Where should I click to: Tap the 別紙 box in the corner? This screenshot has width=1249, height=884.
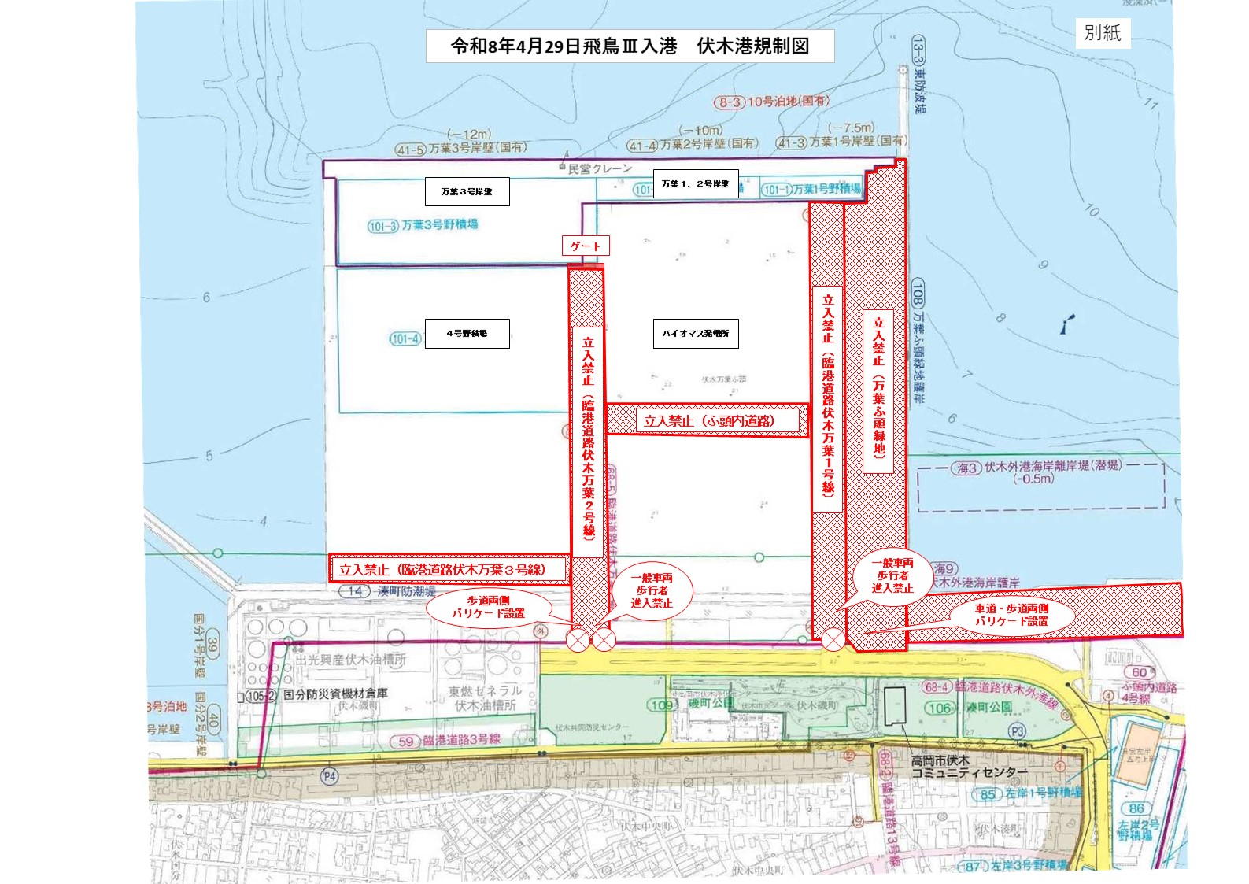point(1102,33)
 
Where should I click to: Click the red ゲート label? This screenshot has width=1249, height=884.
point(585,246)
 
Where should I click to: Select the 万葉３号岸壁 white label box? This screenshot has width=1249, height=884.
point(467,191)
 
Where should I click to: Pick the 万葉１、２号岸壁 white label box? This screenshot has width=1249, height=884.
point(695,184)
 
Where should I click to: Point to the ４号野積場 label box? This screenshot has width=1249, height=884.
point(467,334)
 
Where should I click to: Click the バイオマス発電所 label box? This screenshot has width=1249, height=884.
point(695,334)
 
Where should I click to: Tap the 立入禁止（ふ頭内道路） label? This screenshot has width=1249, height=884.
point(708,421)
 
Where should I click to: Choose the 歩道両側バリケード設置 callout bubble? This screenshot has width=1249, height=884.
point(488,607)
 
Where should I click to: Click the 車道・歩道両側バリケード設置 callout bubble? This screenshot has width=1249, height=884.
point(1011,615)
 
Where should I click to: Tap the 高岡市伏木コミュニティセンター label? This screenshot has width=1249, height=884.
point(969,767)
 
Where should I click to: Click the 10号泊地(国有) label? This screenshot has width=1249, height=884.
point(788,102)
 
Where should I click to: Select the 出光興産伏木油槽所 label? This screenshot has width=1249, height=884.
point(351,660)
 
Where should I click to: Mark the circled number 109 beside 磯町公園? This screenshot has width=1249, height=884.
point(660,705)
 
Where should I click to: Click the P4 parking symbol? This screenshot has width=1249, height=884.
point(330,776)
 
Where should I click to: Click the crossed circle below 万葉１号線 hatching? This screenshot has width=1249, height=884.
point(833,641)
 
